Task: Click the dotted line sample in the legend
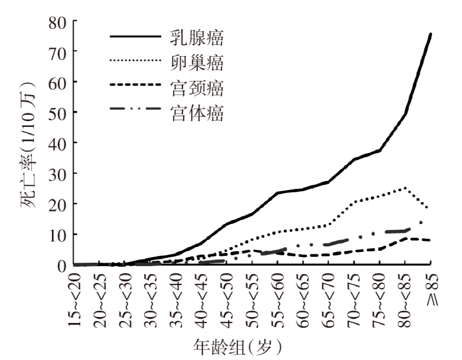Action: pos(135,62)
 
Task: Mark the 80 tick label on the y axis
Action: pos(59,22)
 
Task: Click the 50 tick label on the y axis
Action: pos(59,113)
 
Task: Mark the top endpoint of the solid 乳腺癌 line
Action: pos(430,34)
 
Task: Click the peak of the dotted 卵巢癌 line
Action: pos(405,188)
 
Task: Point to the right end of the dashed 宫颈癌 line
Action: pos(430,240)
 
